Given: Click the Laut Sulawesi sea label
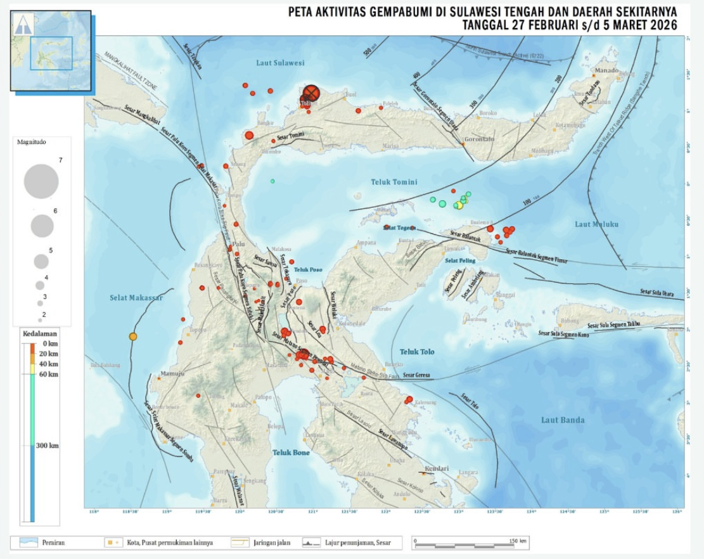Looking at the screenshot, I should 280,63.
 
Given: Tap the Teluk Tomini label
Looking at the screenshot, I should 394,182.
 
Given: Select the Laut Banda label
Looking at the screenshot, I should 563,420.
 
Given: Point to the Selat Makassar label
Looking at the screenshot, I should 136,297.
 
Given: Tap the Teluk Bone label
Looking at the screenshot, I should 291,452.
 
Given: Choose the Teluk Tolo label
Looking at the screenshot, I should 417,351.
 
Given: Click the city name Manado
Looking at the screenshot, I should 606,70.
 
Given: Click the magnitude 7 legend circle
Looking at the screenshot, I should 41,181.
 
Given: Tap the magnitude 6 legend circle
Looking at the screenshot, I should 42,226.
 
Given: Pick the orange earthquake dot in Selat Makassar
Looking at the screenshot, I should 133,337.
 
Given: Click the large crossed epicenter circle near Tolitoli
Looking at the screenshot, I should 310,93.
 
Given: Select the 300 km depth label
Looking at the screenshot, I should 47,446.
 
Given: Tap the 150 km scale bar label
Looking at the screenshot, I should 518,541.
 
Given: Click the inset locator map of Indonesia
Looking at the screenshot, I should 51,50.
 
